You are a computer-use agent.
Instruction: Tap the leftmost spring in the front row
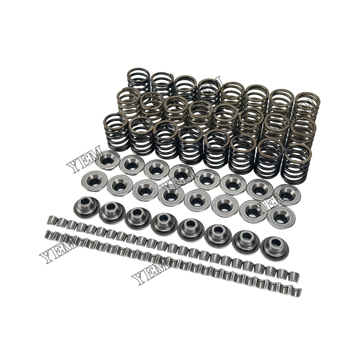coord(116,131)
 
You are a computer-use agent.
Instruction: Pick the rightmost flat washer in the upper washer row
coord(287,195)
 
